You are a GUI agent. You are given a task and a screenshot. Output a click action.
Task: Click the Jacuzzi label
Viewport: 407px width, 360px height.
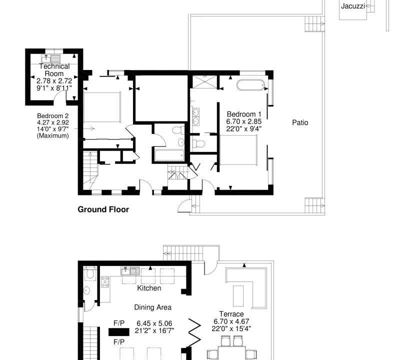click(353, 6)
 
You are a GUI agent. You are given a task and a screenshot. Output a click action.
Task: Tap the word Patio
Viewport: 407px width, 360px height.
click(300, 122)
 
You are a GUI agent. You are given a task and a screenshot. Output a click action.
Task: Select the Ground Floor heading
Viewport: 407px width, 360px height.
click(103, 209)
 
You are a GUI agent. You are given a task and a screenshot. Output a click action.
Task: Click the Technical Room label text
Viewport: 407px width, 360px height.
click(54, 70)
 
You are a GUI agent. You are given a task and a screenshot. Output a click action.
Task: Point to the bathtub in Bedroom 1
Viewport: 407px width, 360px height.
click(250, 85)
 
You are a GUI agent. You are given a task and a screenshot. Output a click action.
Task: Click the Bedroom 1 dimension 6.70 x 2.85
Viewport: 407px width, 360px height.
click(243, 121)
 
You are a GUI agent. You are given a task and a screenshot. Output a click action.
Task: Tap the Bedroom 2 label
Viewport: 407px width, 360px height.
click(52, 116)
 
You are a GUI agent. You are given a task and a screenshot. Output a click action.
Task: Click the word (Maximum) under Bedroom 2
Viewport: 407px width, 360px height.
click(52, 135)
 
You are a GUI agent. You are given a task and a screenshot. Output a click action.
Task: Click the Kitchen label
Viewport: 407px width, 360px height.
click(149, 288)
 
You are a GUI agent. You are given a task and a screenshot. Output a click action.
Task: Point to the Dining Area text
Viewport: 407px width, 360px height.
click(152, 307)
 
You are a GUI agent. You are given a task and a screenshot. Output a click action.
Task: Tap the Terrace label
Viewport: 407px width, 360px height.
click(231, 314)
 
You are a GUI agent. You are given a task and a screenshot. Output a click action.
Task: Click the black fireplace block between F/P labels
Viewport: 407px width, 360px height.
click(119, 332)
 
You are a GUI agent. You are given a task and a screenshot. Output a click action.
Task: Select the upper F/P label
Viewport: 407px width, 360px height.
click(119, 323)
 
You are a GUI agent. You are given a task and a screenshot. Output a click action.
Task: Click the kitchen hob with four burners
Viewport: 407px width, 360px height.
click(105, 282)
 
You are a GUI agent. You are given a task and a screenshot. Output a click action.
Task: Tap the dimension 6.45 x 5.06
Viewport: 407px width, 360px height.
click(154, 323)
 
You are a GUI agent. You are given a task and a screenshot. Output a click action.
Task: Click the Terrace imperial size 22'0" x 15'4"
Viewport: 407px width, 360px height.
click(231, 329)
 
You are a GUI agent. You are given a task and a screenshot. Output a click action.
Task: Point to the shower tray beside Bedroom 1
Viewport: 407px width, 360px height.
click(204, 82)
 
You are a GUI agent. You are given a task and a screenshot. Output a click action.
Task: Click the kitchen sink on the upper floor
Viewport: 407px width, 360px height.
click(130, 271)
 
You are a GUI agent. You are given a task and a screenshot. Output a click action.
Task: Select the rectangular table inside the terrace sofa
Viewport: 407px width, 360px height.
click(238, 296)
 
